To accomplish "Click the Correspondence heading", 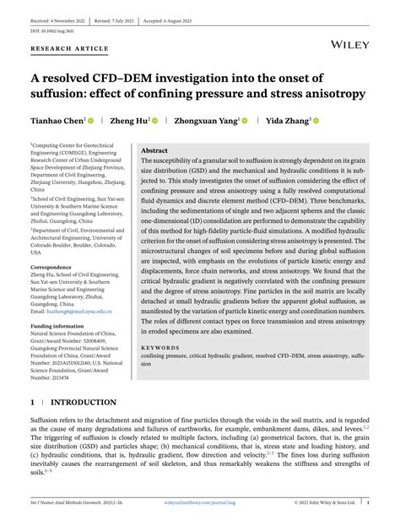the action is coord(57,267).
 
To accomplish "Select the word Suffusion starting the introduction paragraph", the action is coord(49,420).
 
